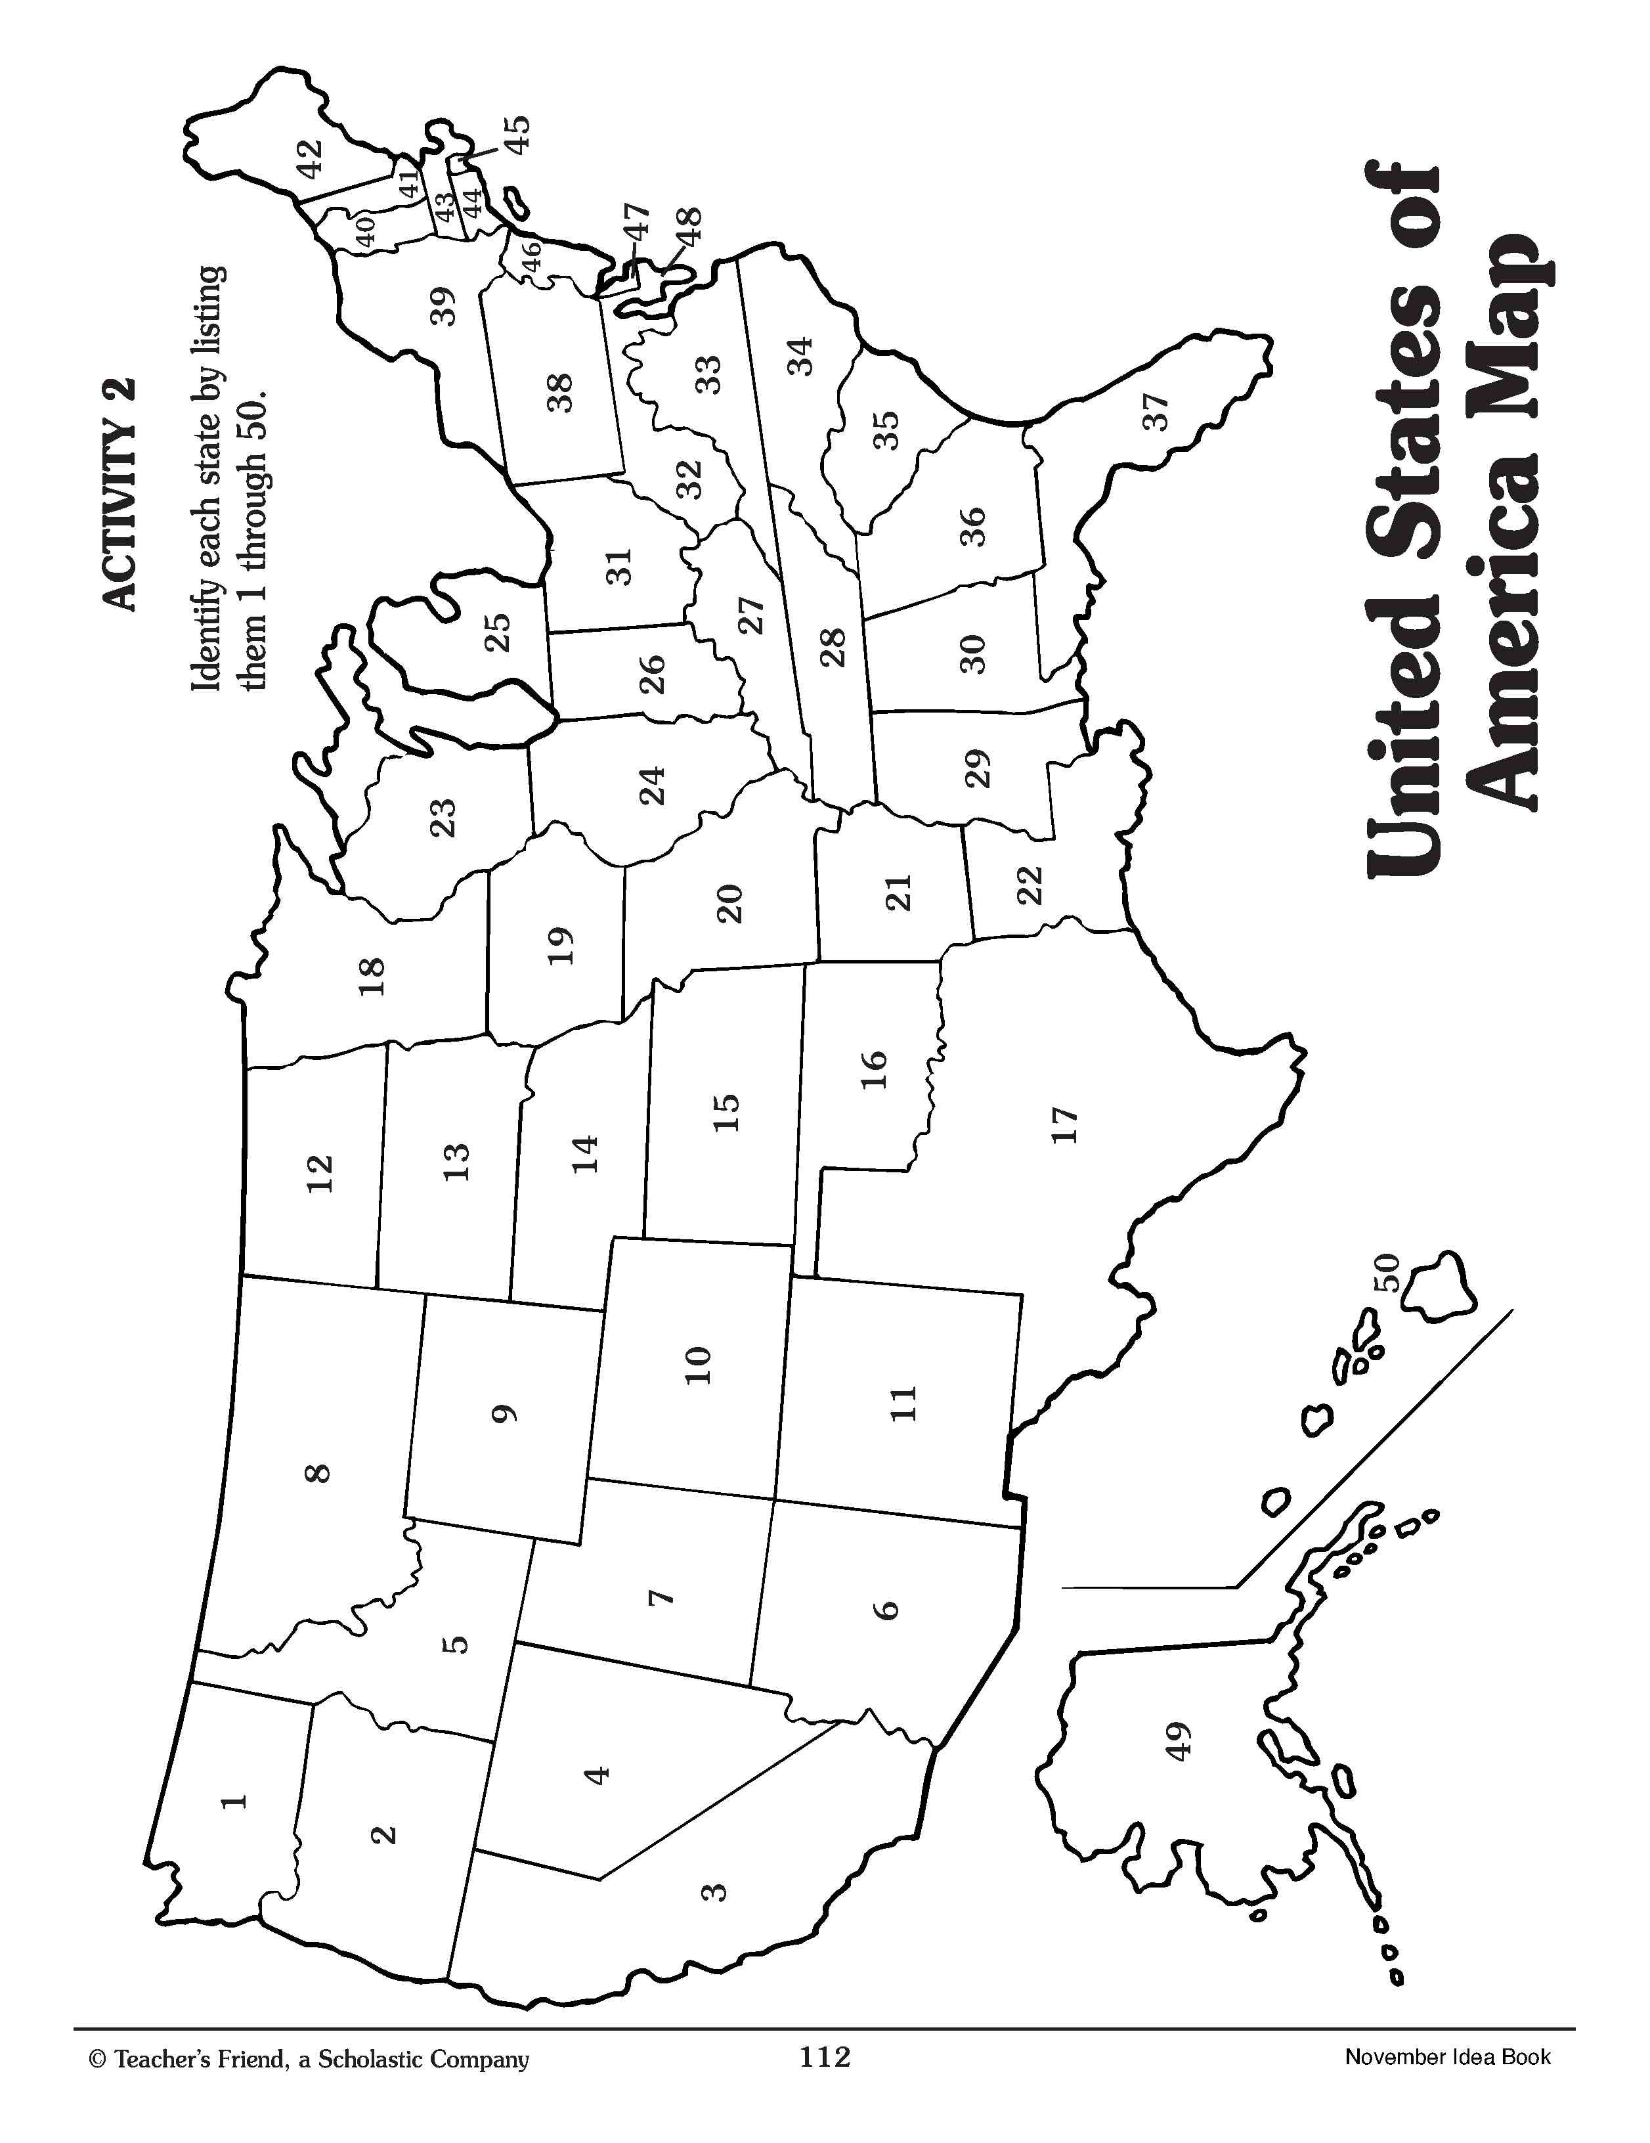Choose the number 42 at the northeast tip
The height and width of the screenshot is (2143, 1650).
[309, 159]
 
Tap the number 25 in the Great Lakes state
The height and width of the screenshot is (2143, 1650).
[497, 633]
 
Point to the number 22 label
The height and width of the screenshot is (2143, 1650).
[1029, 886]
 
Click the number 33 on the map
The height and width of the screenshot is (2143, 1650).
[707, 374]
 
